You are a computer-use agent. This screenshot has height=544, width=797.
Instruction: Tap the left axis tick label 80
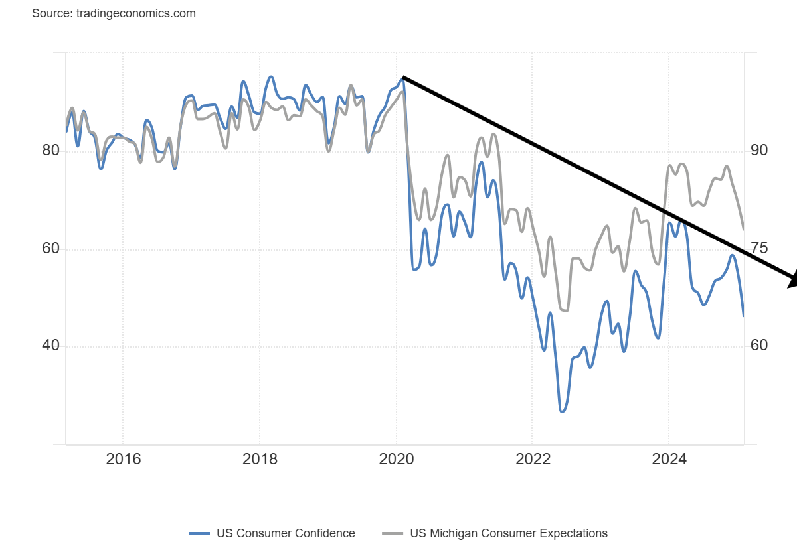(x=51, y=151)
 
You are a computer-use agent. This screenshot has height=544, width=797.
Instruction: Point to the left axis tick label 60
(x=51, y=249)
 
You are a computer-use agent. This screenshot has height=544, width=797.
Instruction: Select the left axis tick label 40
(x=51, y=346)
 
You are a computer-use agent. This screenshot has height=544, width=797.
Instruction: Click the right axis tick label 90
(x=759, y=151)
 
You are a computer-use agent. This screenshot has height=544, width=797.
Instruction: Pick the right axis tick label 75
(x=759, y=249)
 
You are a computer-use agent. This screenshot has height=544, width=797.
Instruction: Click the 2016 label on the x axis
(x=123, y=459)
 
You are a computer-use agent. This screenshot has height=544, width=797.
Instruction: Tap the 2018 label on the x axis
(x=260, y=459)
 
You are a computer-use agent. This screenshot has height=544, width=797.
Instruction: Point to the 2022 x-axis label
(x=532, y=459)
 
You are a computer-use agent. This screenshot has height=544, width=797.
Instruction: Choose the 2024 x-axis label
(x=669, y=459)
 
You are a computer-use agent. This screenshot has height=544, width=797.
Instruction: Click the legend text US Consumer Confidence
(x=286, y=533)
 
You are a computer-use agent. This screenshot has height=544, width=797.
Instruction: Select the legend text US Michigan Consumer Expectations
(x=509, y=533)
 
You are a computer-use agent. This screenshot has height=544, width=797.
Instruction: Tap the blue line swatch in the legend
(x=199, y=533)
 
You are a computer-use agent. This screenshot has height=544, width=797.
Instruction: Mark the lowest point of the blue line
(x=562, y=412)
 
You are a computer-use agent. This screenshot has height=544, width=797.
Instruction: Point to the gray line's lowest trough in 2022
(x=565, y=310)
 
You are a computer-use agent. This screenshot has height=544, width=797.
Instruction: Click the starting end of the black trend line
(x=403, y=78)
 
